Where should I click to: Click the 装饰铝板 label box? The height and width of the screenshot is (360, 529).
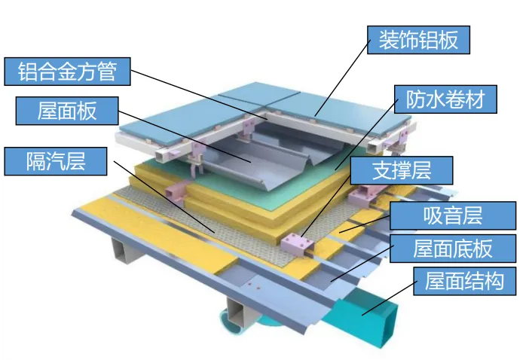[x=418, y=40]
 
